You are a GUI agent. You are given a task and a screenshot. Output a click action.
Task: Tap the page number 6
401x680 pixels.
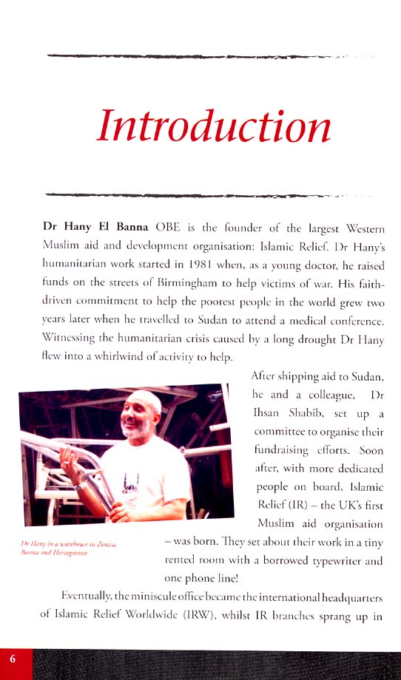[x=13, y=659]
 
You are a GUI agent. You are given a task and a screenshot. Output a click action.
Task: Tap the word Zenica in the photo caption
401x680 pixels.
[x=107, y=544]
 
